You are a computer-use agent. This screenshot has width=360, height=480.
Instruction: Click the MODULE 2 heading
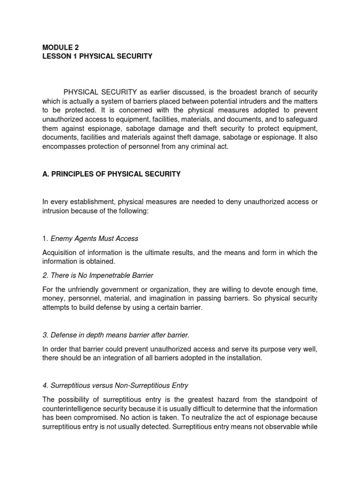pos(60,47)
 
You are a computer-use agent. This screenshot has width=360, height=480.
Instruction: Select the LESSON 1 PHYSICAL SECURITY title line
pos(97,56)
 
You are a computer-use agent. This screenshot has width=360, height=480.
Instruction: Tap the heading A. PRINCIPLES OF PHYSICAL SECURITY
pos(111,174)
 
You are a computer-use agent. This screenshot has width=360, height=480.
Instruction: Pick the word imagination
pos(190,298)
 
